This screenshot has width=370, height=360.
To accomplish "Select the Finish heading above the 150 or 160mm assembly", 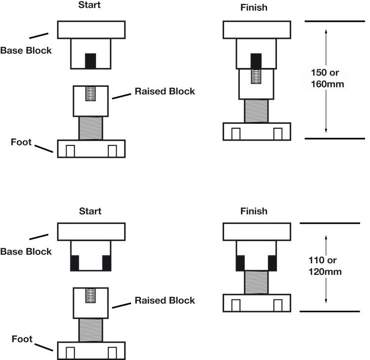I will (254, 8).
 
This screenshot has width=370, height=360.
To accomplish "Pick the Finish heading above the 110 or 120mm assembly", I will (254, 211).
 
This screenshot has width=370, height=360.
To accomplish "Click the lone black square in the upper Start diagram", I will (90, 61).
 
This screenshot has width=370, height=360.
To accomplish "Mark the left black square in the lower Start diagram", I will (75, 263).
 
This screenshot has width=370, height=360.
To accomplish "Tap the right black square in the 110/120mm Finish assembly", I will (272, 263).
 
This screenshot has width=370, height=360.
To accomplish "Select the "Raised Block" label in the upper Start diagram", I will (165, 91).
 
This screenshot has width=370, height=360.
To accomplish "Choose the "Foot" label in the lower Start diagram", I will (22, 339).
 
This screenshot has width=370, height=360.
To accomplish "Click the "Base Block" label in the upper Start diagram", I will (26, 50).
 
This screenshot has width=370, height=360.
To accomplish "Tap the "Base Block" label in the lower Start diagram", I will (26, 252).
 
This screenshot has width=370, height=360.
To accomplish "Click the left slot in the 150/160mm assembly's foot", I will (236, 134).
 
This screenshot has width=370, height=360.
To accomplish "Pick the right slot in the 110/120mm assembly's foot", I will (277, 306).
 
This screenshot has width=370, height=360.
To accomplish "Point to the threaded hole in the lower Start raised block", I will (90, 296).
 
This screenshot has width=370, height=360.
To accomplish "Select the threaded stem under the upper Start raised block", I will (91, 128).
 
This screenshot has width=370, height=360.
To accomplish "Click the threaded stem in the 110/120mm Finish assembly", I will (256, 282).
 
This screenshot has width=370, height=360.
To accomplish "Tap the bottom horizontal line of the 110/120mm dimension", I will (330, 312).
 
